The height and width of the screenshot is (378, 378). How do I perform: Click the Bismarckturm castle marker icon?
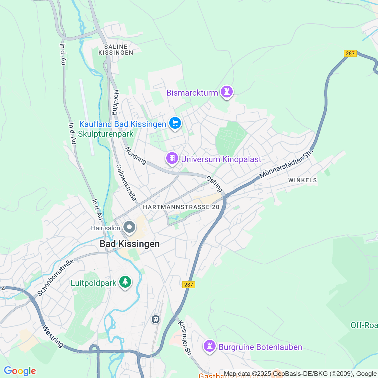pos(227,92)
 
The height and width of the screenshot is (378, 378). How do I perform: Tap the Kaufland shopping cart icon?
pos(175,123)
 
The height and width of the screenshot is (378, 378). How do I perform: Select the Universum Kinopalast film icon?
pos(172,158)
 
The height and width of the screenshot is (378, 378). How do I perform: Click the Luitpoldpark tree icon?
pos(125,282)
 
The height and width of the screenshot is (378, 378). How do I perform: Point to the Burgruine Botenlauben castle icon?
pos(210,346)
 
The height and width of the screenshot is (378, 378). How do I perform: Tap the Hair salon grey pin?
pos(129,227)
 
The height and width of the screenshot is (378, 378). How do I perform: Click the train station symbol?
pos(155,319)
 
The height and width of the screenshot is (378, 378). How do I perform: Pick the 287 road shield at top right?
pos(350,53)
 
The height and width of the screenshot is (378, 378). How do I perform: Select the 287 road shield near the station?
pos(188,285)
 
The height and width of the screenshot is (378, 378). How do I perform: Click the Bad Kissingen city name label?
pos(130,244)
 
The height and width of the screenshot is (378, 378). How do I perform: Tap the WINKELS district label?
pos(302,180)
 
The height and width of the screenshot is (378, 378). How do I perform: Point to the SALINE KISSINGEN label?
pos(116,50)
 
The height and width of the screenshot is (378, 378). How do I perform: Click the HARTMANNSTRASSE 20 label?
pos(181,207)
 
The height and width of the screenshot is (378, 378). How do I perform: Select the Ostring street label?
pos(214,184)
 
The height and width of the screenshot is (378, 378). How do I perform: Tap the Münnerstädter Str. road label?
pos(286,164)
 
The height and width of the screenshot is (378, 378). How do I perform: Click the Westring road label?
pos(53,336)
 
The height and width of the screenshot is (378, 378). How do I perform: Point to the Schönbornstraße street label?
pos(56,278)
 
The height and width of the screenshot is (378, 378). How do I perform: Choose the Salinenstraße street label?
pos(126,183)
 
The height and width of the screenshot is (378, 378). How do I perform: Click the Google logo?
pos(20,371)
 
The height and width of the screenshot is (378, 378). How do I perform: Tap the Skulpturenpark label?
pos(106,134)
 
